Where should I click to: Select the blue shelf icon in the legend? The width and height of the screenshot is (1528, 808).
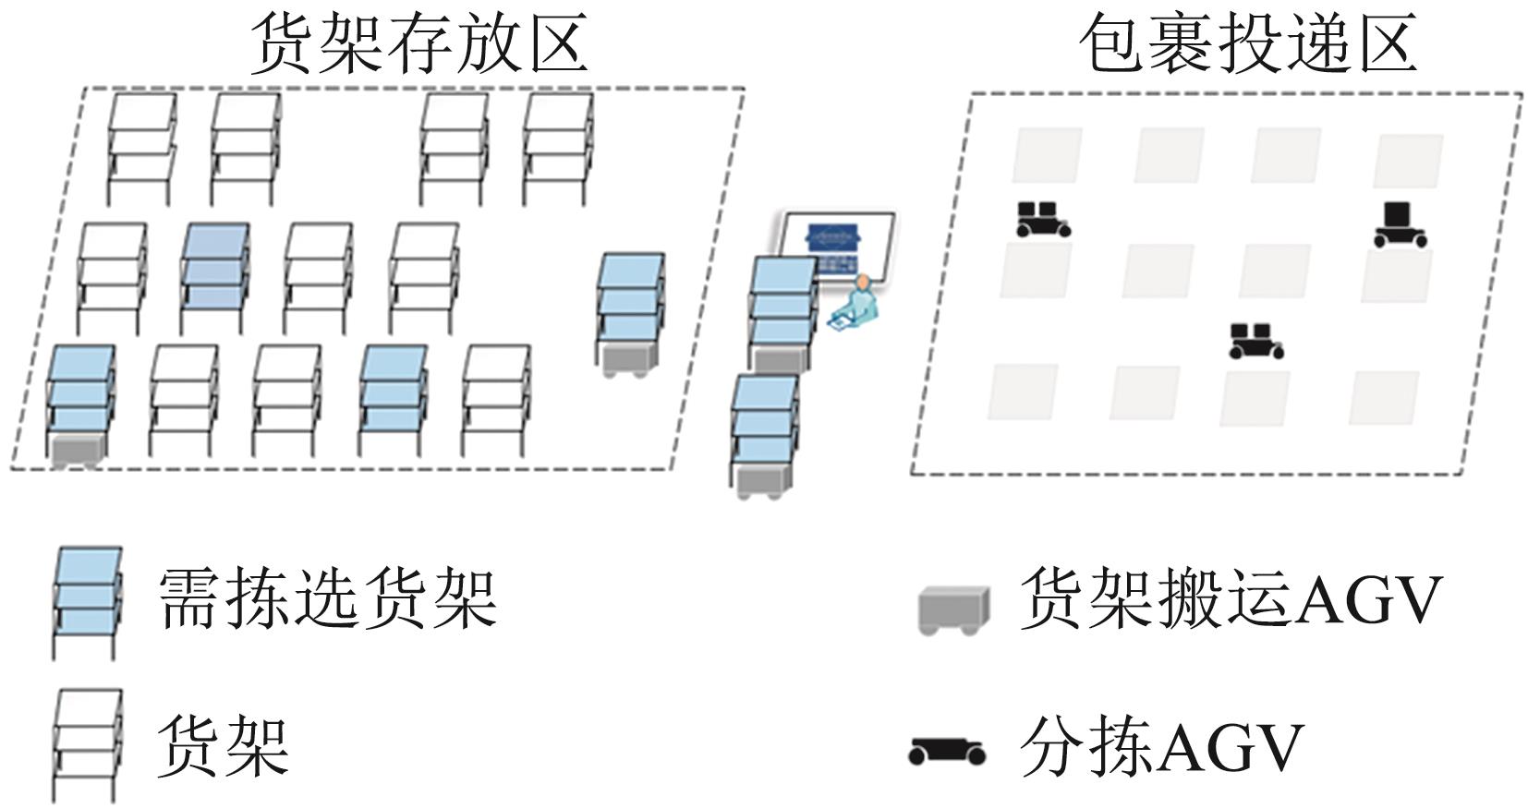87,600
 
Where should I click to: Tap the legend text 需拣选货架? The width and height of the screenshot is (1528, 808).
328,598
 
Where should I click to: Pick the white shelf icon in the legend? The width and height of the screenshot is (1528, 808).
87,743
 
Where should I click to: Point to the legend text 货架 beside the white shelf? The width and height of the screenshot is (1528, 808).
223,746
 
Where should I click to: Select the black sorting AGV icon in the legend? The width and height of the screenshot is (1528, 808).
946,751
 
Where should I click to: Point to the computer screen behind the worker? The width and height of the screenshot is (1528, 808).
835,245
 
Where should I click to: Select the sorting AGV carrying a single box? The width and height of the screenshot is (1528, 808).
1399,224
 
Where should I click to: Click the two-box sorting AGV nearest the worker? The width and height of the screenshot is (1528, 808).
1042,220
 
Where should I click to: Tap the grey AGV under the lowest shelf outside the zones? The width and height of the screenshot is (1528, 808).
764,481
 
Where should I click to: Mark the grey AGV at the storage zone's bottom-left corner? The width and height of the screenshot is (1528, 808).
77,452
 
